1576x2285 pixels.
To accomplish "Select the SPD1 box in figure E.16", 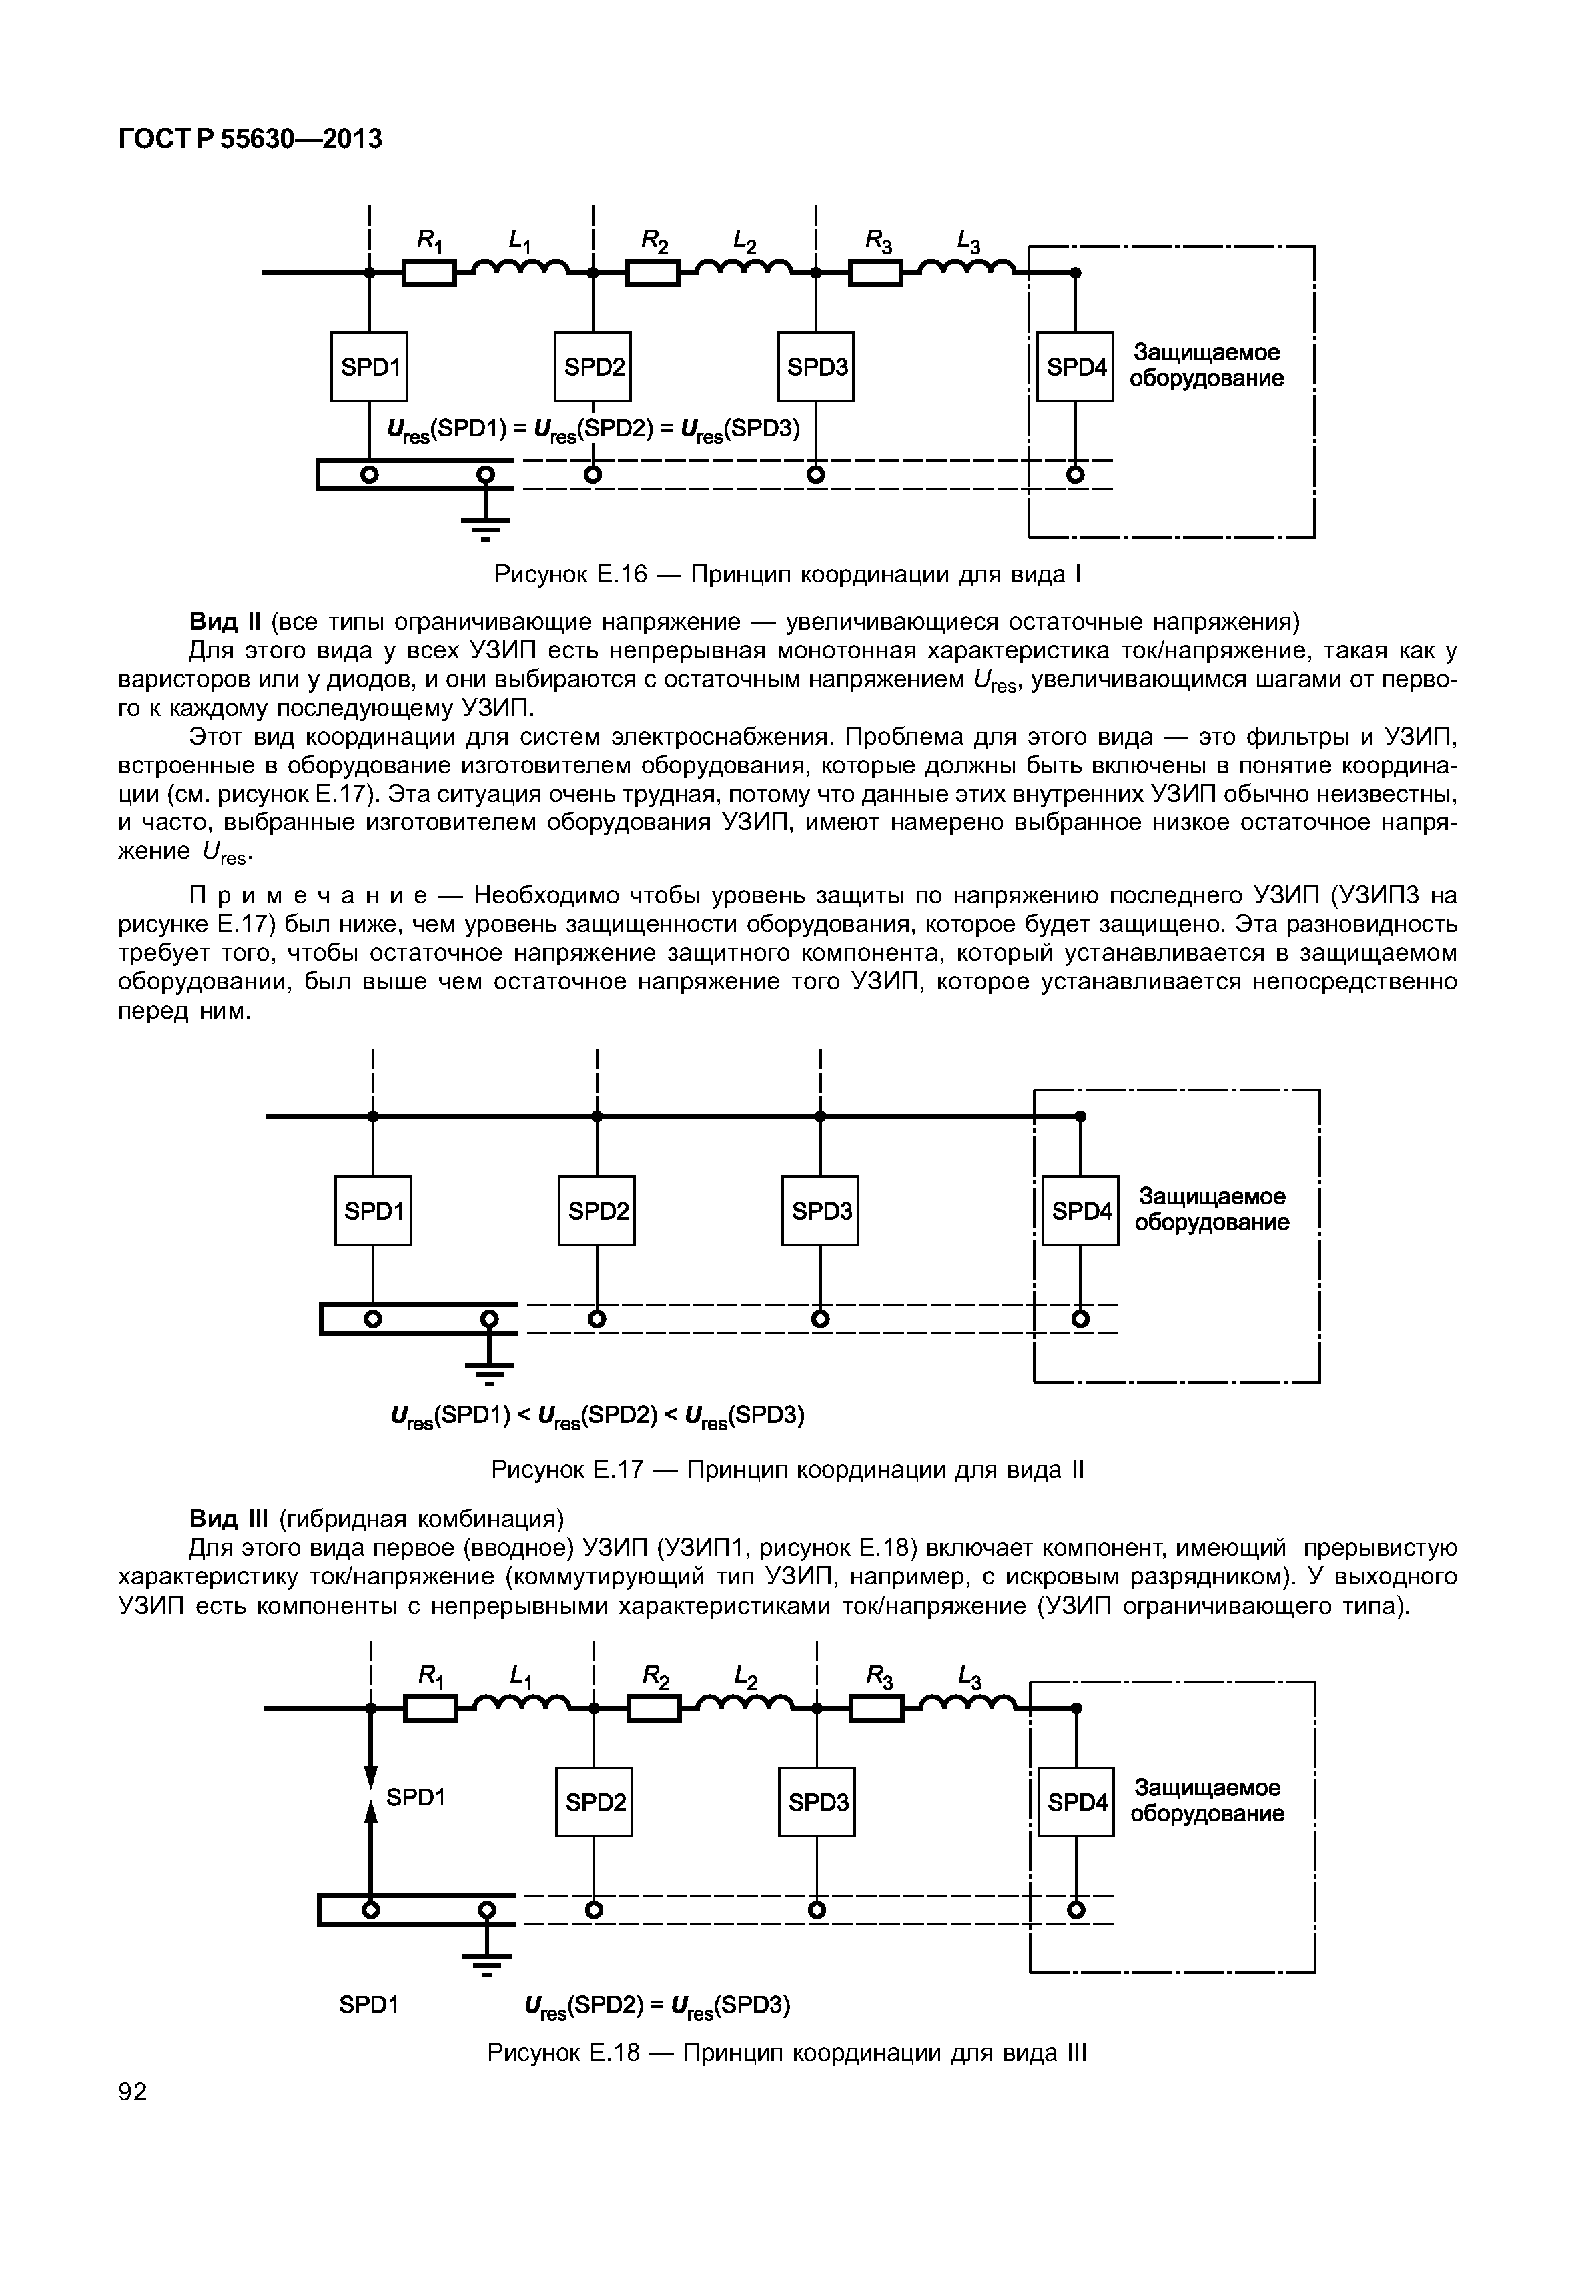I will [x=370, y=366].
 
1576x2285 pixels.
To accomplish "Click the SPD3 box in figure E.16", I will [x=817, y=366].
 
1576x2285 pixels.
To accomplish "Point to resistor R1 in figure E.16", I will [x=430, y=272].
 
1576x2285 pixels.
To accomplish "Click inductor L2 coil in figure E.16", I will [x=745, y=266].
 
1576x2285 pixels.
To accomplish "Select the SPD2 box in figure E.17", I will [x=597, y=1210].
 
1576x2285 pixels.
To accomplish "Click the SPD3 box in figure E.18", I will [x=817, y=1802].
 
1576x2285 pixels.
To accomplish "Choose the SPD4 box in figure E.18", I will [x=1076, y=1802].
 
